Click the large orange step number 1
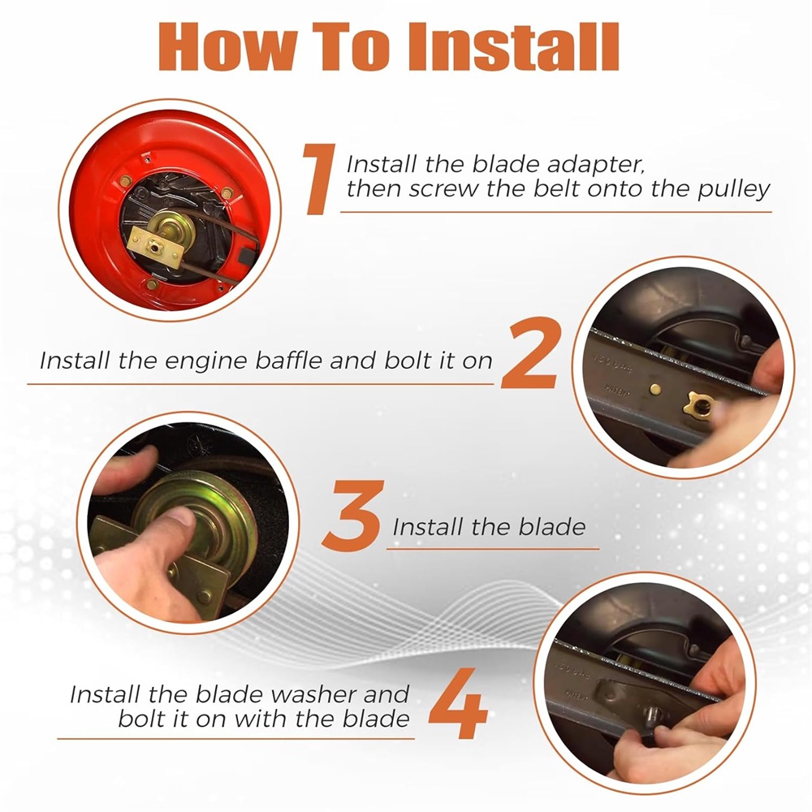pyautogui.click(x=320, y=179)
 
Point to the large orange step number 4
pyautogui.click(x=459, y=702)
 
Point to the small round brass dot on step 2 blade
pyautogui.click(x=655, y=389)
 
